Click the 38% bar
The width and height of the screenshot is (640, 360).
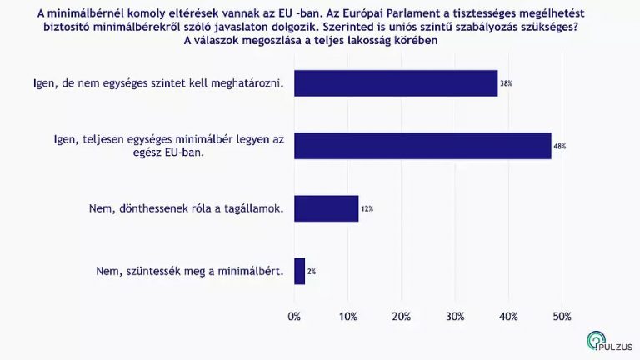[396, 83]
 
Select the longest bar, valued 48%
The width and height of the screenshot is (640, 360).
[422, 146]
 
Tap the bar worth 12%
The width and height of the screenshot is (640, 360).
[326, 208]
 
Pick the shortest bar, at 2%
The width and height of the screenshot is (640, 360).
[299, 271]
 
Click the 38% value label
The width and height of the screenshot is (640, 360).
[506, 84]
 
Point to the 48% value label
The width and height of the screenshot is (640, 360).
[559, 147]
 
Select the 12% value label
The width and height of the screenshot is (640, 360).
[367, 209]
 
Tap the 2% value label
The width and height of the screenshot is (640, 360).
[312, 272]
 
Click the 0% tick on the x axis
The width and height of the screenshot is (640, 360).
[294, 317]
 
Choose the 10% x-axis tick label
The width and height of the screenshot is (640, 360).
[348, 317]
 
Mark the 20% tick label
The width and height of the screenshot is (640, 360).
[402, 317]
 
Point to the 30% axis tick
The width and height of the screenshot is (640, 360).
[455, 317]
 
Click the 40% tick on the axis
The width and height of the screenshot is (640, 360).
[508, 317]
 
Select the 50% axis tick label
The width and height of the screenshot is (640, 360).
[562, 317]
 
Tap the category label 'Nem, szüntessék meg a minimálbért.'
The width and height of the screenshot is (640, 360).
[185, 271]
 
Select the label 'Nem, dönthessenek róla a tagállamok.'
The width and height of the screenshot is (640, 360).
[185, 208]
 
